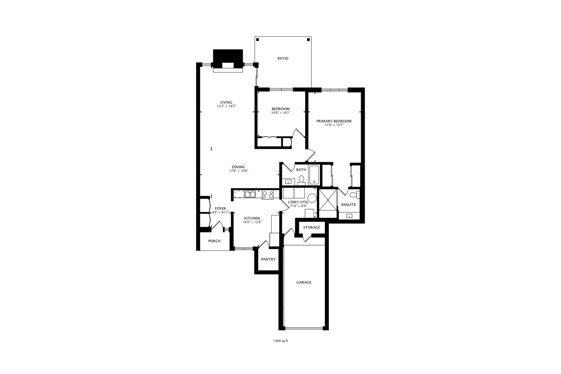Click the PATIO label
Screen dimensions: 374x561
click(283, 59)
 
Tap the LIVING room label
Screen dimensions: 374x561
click(226, 102)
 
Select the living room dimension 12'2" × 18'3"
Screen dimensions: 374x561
click(226, 106)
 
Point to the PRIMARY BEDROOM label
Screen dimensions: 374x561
click(334, 121)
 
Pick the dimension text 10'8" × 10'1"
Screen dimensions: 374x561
click(280, 113)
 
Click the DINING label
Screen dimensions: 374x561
click(239, 167)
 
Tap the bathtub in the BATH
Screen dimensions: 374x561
click(314, 175)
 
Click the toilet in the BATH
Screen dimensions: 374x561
click(301, 180)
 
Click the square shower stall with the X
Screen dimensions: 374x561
click(328, 199)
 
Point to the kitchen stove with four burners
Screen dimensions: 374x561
click(267, 195)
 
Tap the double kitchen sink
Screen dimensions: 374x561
click(250, 194)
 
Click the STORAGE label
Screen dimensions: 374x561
click(312, 228)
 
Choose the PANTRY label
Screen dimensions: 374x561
click(268, 259)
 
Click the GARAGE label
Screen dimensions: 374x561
click(304, 282)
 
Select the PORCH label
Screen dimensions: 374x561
click(214, 241)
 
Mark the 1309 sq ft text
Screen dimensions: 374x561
click(280, 341)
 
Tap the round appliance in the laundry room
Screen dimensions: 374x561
click(312, 198)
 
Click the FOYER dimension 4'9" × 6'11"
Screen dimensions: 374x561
click(221, 212)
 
